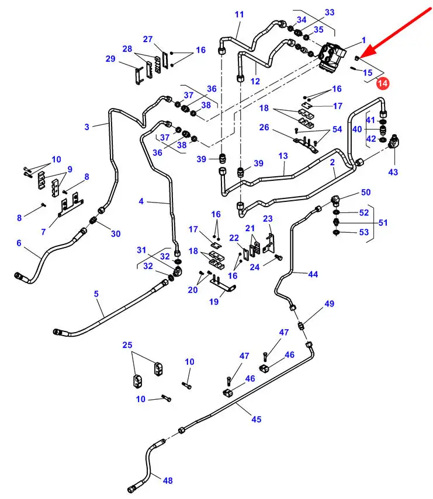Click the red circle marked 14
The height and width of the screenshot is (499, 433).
click(x=383, y=84)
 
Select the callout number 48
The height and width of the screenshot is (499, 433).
click(x=168, y=481)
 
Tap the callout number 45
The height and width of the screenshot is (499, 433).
click(x=257, y=419)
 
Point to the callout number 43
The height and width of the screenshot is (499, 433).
click(x=393, y=172)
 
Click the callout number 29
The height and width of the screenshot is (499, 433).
click(x=110, y=58)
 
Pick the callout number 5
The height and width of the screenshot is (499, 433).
click(x=96, y=294)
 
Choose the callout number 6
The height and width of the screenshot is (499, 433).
click(x=19, y=243)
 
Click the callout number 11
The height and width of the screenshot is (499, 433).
click(x=240, y=15)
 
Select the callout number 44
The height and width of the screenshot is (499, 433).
click(x=313, y=274)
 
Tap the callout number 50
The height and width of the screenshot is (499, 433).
click(x=365, y=192)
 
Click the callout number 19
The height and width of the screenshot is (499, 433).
click(x=214, y=302)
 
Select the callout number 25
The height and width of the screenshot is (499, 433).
click(x=127, y=346)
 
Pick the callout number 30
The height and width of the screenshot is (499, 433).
click(x=116, y=233)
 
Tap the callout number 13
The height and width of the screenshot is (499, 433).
click(x=283, y=156)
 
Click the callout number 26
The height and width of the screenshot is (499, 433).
click(x=264, y=128)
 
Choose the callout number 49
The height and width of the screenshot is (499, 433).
click(x=330, y=303)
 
